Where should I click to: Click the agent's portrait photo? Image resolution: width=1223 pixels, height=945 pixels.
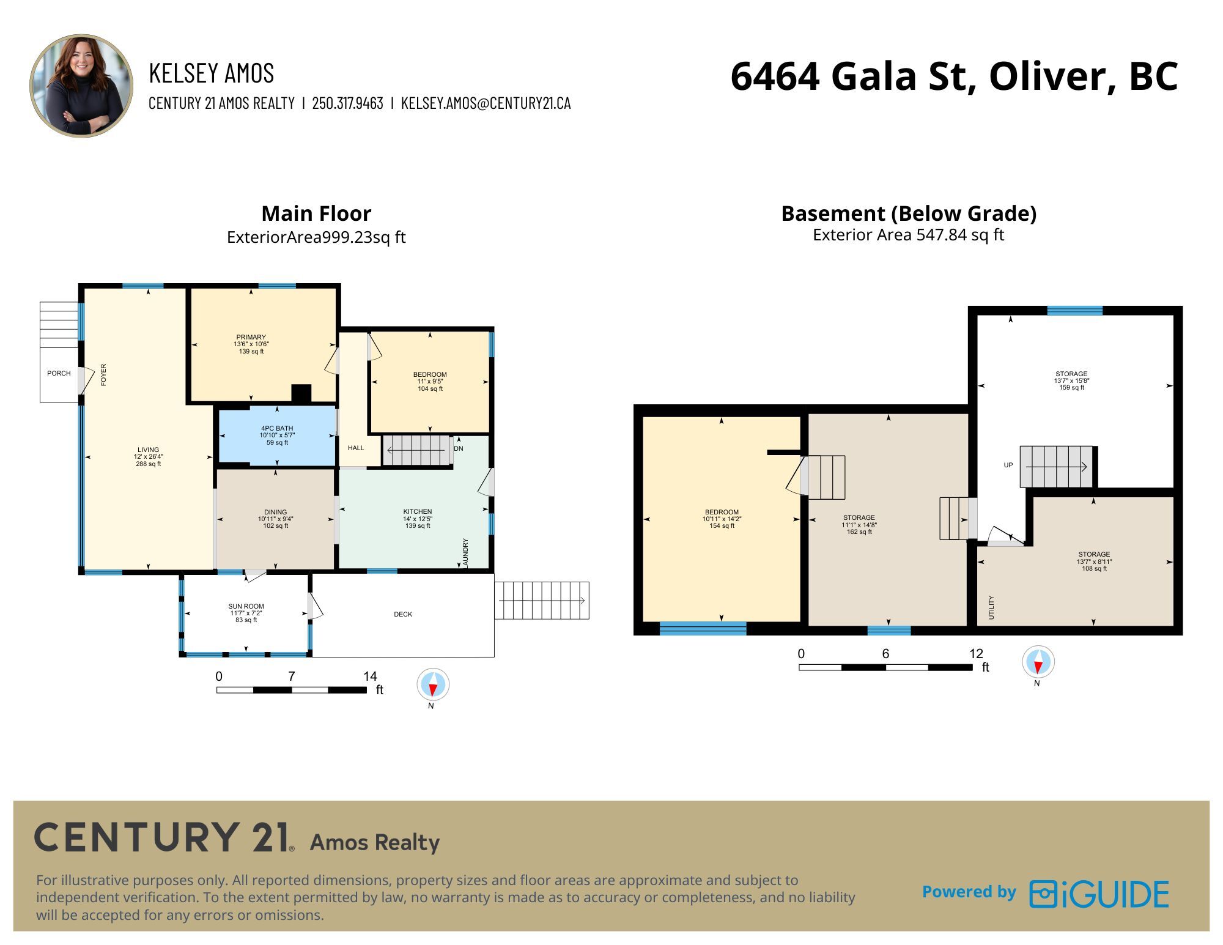[81, 86]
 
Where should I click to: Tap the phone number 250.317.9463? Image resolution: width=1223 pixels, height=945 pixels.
[347, 103]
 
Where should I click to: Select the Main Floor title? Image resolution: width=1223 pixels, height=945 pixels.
[316, 213]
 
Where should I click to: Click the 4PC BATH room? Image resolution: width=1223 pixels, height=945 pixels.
[277, 435]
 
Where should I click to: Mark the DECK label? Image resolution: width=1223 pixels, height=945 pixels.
[403, 614]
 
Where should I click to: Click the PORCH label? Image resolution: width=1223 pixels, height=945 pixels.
[59, 373]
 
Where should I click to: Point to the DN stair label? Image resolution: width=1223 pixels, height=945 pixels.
[459, 448]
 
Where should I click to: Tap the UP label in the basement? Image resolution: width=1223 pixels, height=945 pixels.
[1008, 465]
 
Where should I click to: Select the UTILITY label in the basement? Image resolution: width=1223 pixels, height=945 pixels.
[991, 607]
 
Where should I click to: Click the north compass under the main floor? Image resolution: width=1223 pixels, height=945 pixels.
[433, 685]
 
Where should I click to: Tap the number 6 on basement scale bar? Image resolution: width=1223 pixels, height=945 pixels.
[885, 653]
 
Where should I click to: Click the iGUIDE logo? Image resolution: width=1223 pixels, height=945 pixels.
[1099, 894]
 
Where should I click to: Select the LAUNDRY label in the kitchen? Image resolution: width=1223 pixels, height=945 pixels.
[465, 554]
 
